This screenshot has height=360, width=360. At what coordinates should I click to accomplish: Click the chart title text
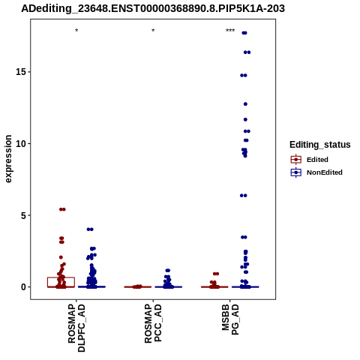pyautogui.click(x=153, y=9)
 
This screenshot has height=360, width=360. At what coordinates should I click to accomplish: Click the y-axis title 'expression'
pyautogui.click(x=8, y=159)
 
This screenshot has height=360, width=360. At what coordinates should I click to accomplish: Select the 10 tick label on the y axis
pyautogui.click(x=21, y=144)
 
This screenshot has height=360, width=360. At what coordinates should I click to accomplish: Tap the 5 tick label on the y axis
pyautogui.click(x=23, y=215)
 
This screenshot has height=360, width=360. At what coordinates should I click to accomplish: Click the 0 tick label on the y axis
pyautogui.click(x=23, y=287)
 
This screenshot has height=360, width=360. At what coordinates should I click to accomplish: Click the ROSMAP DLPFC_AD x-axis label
pyautogui.click(x=76, y=328)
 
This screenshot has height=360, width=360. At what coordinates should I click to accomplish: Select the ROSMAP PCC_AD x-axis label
pyautogui.click(x=153, y=323)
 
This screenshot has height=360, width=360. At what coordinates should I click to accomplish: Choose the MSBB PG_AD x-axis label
pyautogui.click(x=230, y=319)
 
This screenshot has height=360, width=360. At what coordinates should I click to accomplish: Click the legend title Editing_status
pyautogui.click(x=320, y=145)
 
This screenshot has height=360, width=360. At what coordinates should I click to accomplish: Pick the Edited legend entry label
pyautogui.click(x=317, y=160)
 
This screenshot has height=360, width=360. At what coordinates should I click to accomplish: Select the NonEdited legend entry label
pyautogui.click(x=325, y=172)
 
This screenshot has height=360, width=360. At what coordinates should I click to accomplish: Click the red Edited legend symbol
pyautogui.click(x=296, y=160)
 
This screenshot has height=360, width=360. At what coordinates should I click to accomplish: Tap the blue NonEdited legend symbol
pyautogui.click(x=296, y=172)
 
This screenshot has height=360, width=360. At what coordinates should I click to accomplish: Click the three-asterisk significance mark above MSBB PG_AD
pyautogui.click(x=230, y=31)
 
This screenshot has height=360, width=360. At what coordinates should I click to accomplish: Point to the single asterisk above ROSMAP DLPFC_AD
pyautogui.click(x=76, y=31)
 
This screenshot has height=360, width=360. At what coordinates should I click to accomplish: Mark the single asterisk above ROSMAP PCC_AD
pyautogui.click(x=153, y=31)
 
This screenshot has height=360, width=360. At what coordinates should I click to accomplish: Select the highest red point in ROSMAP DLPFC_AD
pyautogui.click(x=62, y=209)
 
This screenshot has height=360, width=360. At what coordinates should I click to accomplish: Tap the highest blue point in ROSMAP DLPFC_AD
pyautogui.click(x=90, y=229)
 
